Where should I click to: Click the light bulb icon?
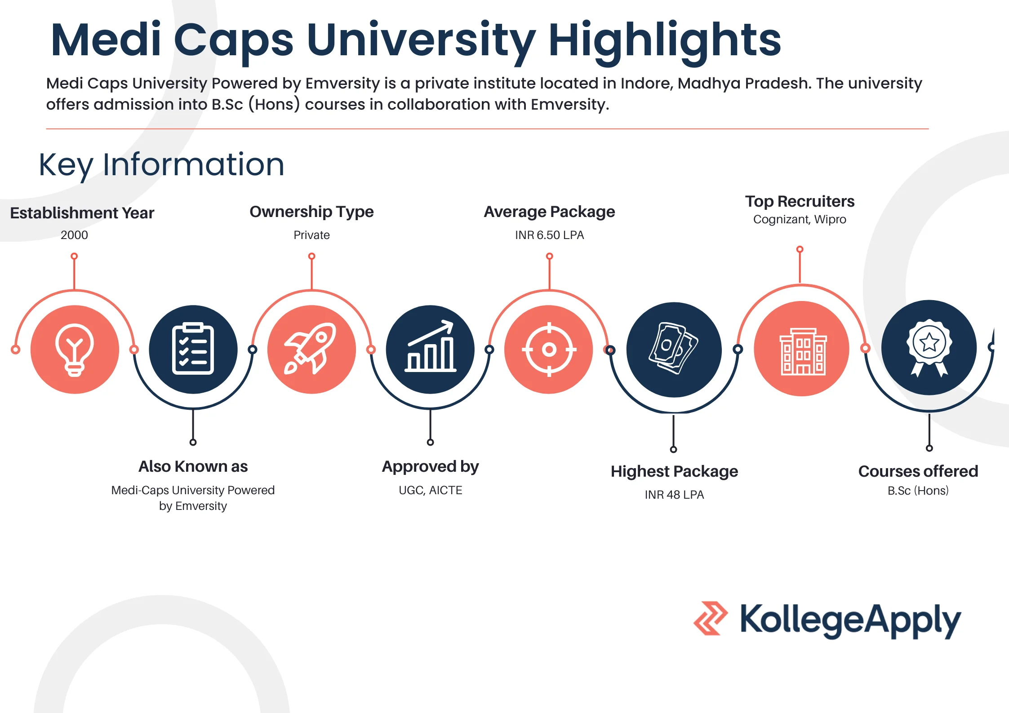75,350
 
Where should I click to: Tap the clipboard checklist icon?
193,349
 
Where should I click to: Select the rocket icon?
311,349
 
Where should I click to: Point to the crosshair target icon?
549,349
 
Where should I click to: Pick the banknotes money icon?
673,349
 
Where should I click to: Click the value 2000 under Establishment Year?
74,235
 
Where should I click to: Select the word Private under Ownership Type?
311,235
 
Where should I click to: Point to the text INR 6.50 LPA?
549,235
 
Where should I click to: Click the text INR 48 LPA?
674,495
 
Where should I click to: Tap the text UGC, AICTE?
430,490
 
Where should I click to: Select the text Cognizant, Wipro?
800,219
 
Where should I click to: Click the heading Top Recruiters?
800,201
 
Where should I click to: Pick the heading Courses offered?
918,471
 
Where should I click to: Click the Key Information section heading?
161,164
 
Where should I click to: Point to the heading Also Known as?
193,466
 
